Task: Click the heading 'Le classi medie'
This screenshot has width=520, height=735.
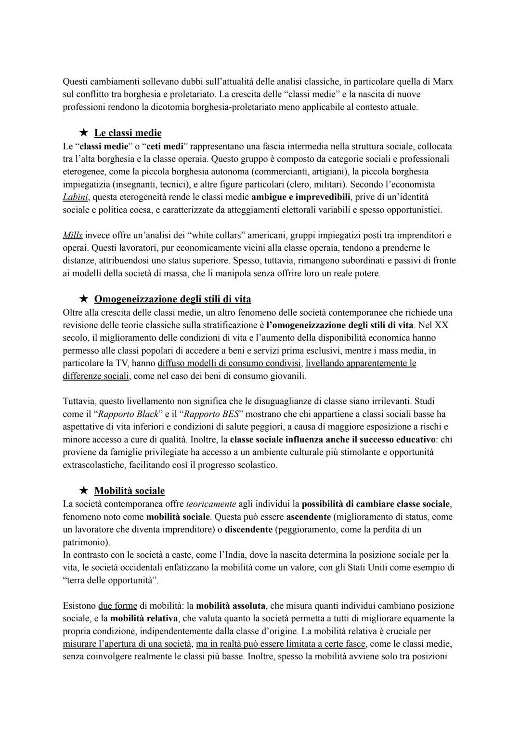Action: tap(128, 133)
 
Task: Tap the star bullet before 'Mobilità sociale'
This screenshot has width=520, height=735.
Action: tap(84, 491)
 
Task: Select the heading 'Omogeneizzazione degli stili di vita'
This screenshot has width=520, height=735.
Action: tap(172, 299)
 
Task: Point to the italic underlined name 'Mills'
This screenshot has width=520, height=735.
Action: tap(73, 235)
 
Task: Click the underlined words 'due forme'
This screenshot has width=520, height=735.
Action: tap(117, 606)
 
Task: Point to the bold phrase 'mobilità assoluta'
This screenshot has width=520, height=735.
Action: tap(230, 606)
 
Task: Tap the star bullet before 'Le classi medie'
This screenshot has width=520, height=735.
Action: tap(84, 133)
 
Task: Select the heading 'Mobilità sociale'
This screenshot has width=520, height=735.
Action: tap(129, 491)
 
